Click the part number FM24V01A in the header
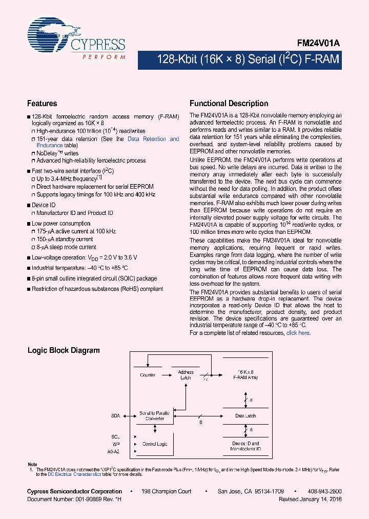coord(319,45)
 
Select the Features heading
coord(42,104)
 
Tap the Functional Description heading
coord(229,104)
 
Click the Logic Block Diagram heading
coord(63,351)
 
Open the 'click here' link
coord(298,333)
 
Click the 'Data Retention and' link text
coord(153,139)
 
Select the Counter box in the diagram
coord(148,375)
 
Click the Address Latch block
coord(186,375)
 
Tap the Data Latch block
coord(245,416)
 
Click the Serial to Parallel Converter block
coord(154,415)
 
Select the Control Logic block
coord(154,444)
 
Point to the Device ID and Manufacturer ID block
coord(245,446)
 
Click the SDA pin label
coord(115,416)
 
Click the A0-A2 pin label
coord(114,452)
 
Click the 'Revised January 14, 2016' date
coord(310,499)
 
